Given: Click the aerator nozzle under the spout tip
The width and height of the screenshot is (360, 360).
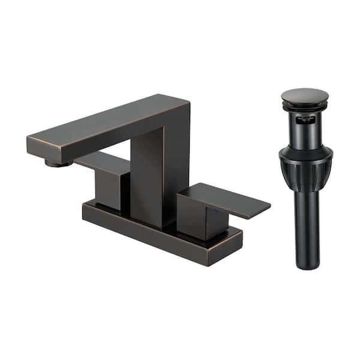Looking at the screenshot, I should tap(58, 163).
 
